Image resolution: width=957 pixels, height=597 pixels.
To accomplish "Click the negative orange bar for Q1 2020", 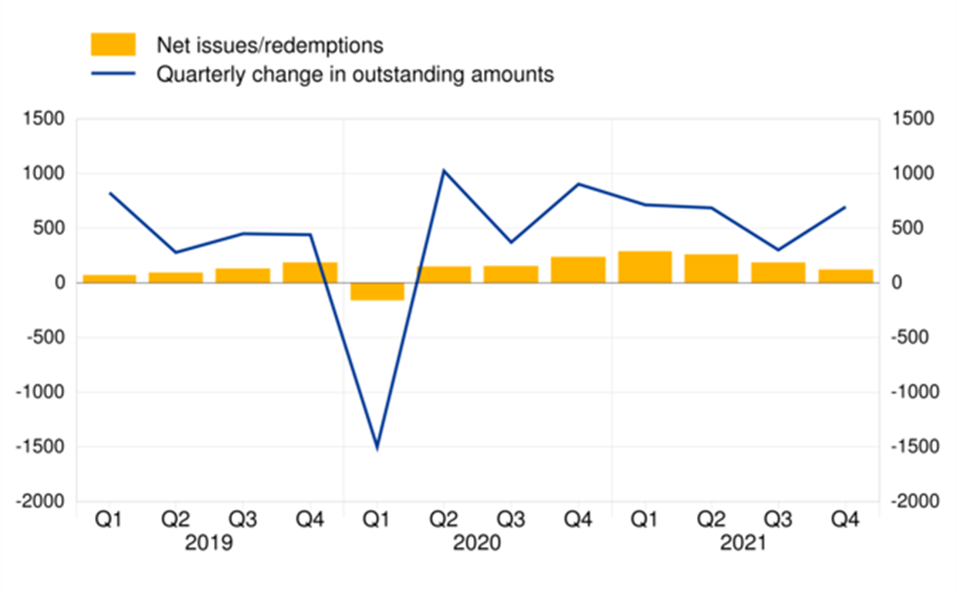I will pyautogui.click(x=377, y=292).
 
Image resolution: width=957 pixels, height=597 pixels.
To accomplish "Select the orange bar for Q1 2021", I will pyautogui.click(x=644, y=267).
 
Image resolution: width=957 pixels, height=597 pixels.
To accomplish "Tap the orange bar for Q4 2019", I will pyautogui.click(x=310, y=272).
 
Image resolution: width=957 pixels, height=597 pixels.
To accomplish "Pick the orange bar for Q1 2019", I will pyautogui.click(x=110, y=278).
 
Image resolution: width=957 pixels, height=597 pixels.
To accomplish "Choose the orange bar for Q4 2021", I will pyautogui.click(x=845, y=276).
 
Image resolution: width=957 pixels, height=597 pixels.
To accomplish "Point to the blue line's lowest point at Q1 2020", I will pyautogui.click(x=377, y=448).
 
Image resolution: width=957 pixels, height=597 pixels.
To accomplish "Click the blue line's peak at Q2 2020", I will pyautogui.click(x=444, y=170).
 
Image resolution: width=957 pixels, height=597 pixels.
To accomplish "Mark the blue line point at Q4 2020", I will pyautogui.click(x=578, y=184).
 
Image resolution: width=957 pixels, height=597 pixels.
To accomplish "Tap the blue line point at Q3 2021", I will pyautogui.click(x=779, y=250).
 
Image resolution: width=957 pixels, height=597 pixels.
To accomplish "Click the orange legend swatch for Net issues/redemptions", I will pyautogui.click(x=113, y=45).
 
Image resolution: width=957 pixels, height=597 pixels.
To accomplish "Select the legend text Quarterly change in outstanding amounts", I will pyautogui.click(x=355, y=75).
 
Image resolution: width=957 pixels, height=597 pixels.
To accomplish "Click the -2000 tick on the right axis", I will pyautogui.click(x=913, y=501).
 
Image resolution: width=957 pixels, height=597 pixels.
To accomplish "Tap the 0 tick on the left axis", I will pyautogui.click(x=59, y=283).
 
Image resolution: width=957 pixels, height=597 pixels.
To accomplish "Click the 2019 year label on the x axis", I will pyautogui.click(x=209, y=544).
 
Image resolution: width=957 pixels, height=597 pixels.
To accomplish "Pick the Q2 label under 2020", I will pyautogui.click(x=444, y=521).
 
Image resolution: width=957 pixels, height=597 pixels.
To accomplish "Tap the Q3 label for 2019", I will pyautogui.click(x=243, y=521).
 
